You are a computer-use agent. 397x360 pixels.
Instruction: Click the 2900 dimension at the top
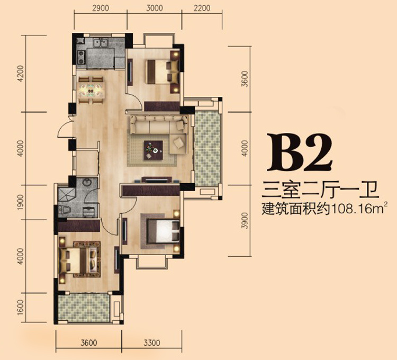click(x=100, y=8)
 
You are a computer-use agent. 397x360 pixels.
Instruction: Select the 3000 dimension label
click(x=155, y=8)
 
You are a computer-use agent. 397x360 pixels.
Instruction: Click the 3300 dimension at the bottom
click(x=151, y=343)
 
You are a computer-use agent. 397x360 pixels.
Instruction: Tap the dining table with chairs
click(x=92, y=87)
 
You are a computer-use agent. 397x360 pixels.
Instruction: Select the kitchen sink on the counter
click(x=100, y=43)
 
